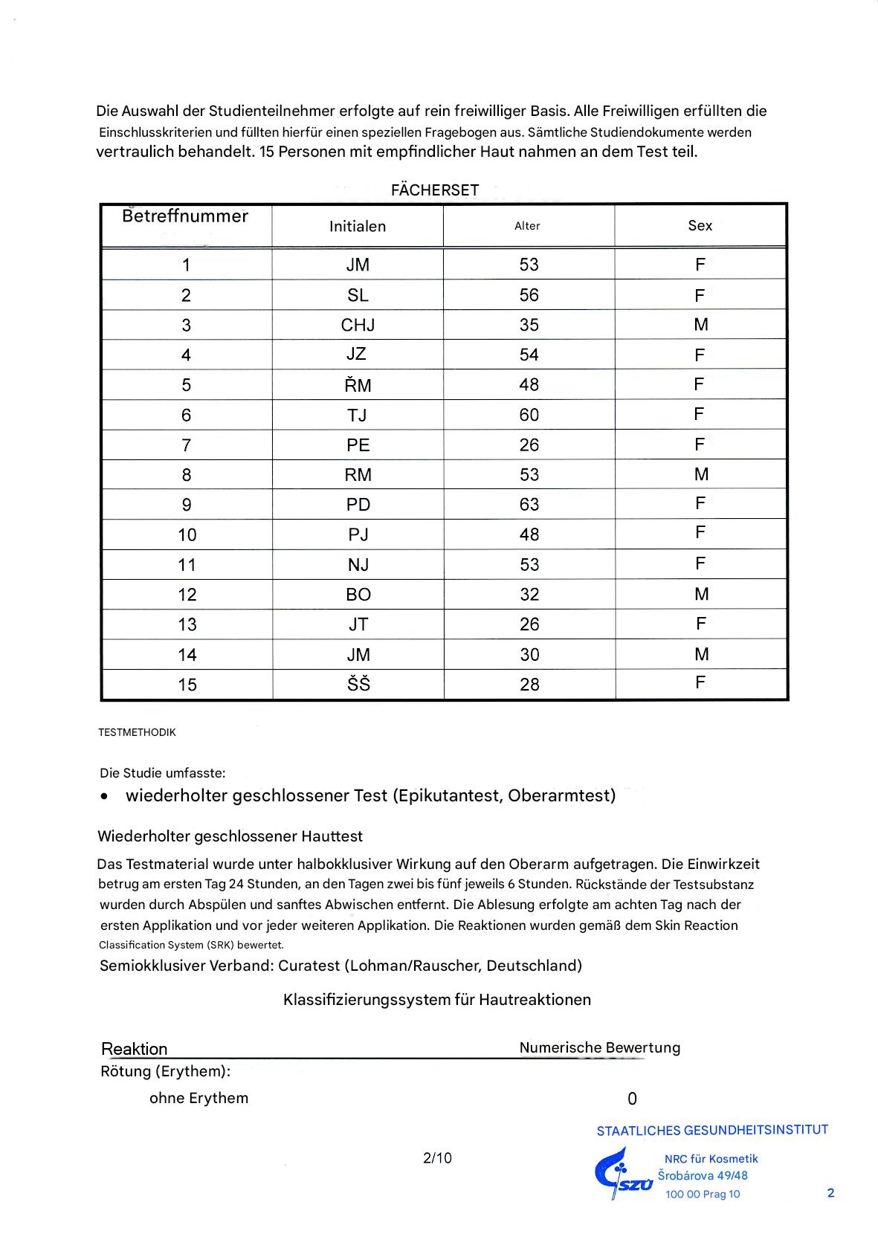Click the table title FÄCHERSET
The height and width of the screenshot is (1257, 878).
coord(435,190)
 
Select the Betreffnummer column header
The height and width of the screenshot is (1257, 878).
coord(185,216)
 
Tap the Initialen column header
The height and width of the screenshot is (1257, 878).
coord(358,227)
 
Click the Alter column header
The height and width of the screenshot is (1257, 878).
coord(527,226)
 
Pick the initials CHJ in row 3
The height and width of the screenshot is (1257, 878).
coord(358,325)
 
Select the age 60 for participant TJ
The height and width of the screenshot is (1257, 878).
coord(529,415)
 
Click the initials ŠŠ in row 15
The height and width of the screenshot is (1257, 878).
coord(358,684)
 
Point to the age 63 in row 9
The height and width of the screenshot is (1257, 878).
coord(529,505)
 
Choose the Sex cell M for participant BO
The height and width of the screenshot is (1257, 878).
coord(701,594)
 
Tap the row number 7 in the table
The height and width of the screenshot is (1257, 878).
coord(186,445)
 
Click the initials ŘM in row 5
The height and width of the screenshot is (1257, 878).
coord(358,384)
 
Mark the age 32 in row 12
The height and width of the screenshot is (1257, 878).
coord(529,595)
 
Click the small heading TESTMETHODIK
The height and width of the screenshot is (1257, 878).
coord(137,732)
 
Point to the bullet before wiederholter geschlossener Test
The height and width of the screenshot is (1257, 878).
coord(105,796)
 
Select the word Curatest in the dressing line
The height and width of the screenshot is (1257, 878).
coord(309,966)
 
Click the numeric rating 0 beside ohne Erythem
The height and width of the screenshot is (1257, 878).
coord(632,1099)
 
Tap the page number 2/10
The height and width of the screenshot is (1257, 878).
coord(437,1157)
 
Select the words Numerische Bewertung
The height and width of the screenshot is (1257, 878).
coord(599,1047)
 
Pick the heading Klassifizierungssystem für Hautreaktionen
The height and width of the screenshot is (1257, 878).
coord(437,1000)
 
